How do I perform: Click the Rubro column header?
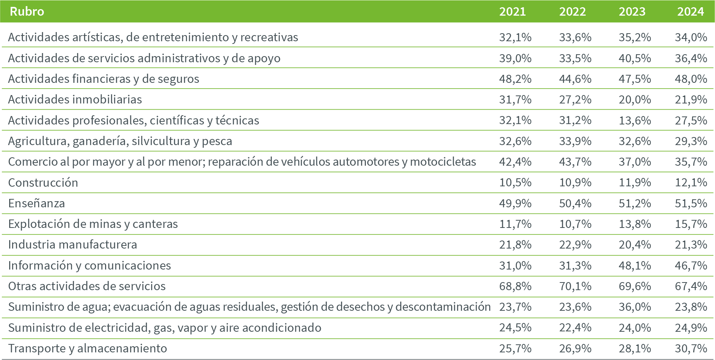pos(27,11)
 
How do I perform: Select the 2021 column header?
pos(513,11)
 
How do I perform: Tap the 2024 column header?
pos(691,11)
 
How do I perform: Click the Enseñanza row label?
pos(37,203)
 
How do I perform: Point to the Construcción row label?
pos(43,182)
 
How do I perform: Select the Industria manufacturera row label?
pos(73,244)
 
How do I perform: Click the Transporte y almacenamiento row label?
pos(87,348)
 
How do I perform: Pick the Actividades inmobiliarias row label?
pos(75,99)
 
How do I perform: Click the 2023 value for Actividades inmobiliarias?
pos(635,99)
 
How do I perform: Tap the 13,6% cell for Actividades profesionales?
pos(635,120)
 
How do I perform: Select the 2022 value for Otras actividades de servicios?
pos(575,286)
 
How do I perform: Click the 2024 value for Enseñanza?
pos(691,203)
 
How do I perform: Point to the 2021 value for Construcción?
pos(515,182)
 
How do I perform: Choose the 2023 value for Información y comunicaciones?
pos(635,265)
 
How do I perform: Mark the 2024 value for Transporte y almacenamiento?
pos(691,348)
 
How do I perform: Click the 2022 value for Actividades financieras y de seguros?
pos(575,79)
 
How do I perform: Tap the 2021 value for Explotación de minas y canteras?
pos(515,224)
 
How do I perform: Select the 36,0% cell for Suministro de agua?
pos(635,307)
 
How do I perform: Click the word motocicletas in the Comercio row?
pos(443,162)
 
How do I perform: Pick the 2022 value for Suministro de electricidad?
pos(575,328)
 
